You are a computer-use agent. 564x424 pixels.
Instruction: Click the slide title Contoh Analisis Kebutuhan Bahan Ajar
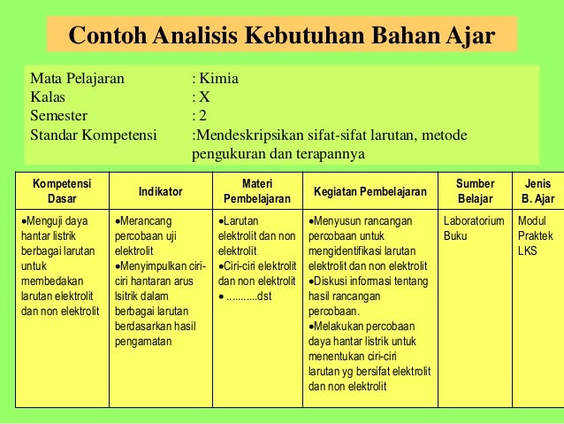(281, 36)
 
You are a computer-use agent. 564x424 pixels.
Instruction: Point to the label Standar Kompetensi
(93, 135)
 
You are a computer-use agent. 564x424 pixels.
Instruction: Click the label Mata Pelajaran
(77, 78)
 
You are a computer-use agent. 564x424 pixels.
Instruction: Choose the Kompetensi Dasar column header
(62, 190)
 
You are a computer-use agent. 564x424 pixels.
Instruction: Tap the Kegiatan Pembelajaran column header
(370, 191)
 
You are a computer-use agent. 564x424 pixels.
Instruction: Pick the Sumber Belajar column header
(476, 190)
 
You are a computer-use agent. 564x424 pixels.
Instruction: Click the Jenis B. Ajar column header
(537, 190)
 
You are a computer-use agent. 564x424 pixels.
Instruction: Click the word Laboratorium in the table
(473, 220)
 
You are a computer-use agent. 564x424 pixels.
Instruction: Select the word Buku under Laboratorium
(455, 235)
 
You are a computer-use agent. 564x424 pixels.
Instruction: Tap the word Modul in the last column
(532, 220)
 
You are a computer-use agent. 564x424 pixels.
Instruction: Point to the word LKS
(528, 251)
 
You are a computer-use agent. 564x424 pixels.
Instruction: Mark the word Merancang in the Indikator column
(145, 220)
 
